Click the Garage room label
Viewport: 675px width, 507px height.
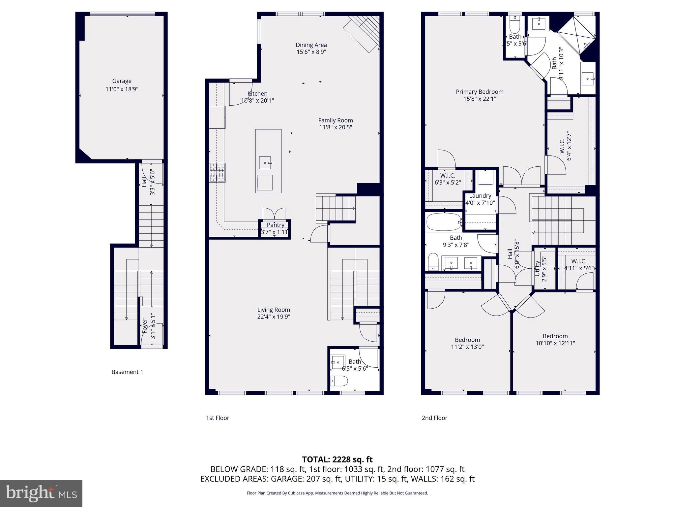click(x=122, y=81)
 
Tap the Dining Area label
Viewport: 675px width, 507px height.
click(x=311, y=45)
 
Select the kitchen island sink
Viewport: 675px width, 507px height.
click(x=265, y=163)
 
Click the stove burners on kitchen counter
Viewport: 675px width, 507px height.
click(x=218, y=173)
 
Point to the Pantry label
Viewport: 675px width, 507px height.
click(x=275, y=225)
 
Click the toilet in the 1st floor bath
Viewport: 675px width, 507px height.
click(x=339, y=381)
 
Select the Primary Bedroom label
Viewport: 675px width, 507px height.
click(x=479, y=92)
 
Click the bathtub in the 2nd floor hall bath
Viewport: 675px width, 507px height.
click(x=444, y=222)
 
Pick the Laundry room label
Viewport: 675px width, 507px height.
click(x=480, y=196)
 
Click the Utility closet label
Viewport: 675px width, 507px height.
click(x=537, y=268)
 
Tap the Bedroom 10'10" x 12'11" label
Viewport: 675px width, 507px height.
click(x=555, y=336)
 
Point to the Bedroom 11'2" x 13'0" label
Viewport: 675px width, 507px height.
click(x=467, y=340)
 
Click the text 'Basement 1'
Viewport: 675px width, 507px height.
click(x=127, y=372)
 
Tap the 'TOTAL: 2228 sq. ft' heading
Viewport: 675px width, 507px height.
click(x=337, y=459)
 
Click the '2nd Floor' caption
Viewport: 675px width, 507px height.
click(x=434, y=418)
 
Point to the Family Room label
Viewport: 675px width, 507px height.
click(x=335, y=120)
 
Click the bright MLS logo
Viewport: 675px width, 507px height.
click(x=41, y=493)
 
